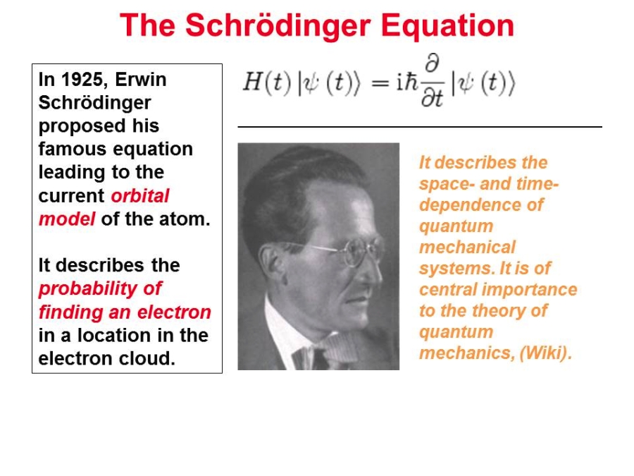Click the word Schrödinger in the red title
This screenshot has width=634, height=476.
(278, 26)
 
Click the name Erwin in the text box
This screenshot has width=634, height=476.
(141, 79)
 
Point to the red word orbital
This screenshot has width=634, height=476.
(140, 196)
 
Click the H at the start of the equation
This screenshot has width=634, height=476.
(252, 82)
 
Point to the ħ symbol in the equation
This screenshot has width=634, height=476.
(411, 82)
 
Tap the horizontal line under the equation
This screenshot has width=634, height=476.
(420, 127)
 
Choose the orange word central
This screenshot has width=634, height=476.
(448, 290)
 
